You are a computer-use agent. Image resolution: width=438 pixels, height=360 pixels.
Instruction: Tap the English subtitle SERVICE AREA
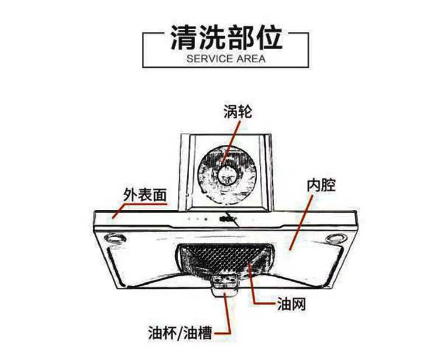(x=225, y=58)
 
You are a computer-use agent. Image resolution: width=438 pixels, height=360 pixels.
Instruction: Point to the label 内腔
(x=321, y=186)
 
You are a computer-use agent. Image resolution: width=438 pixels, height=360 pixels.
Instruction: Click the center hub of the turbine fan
(x=227, y=174)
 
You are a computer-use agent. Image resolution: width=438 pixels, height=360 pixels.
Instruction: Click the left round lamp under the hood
(x=114, y=239)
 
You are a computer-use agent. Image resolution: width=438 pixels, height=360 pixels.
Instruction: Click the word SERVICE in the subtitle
(x=207, y=58)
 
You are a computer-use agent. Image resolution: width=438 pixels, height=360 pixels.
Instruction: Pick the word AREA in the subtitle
(x=251, y=58)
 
